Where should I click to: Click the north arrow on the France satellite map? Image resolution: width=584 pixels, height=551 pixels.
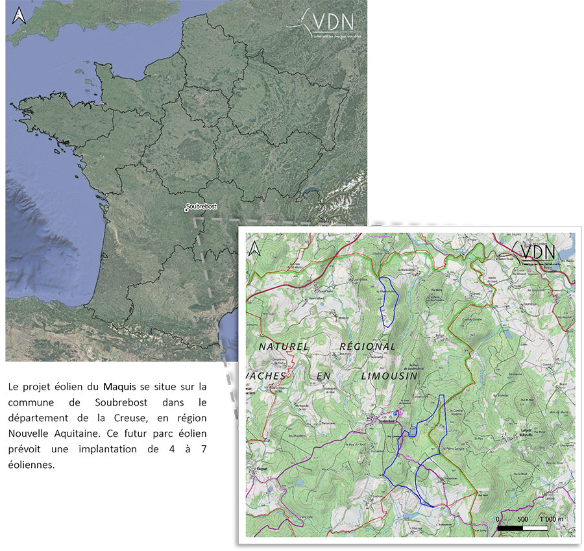pyautogui.click(x=19, y=16)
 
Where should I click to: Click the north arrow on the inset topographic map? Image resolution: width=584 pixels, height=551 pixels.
pyautogui.click(x=256, y=248)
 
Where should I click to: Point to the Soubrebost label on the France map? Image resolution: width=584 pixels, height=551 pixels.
pyautogui.click(x=202, y=207)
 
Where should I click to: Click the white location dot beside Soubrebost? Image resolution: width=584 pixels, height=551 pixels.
pyautogui.click(x=186, y=209)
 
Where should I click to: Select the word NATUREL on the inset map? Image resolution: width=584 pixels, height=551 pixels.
pyautogui.click(x=284, y=347)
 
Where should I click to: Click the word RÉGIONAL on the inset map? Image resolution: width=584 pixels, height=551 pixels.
pyautogui.click(x=367, y=347)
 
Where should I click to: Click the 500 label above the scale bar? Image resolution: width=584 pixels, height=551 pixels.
pyautogui.click(x=523, y=519)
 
